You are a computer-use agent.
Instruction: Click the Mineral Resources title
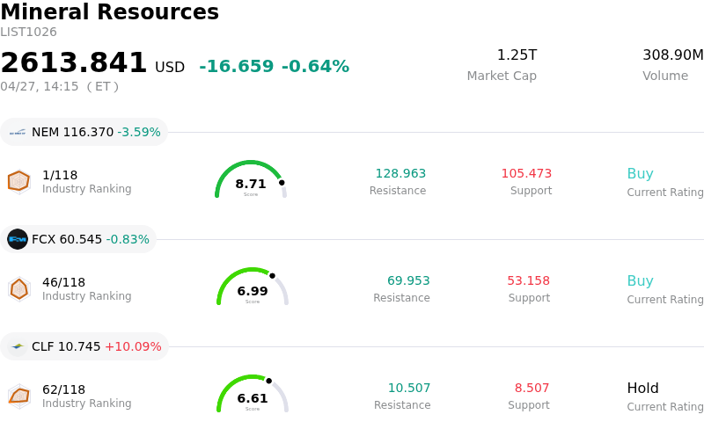pos(109,12)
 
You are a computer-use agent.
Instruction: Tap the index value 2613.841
pos(74,63)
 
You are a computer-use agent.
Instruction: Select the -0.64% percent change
pos(315,67)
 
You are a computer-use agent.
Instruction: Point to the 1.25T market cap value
pos(517,55)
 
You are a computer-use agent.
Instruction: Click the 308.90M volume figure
pos(672,55)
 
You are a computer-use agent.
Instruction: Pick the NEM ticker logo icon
pos(18,133)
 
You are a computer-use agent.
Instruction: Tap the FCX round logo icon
pos(18,239)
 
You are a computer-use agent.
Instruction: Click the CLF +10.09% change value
pos(133,346)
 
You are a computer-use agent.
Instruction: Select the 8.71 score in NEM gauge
pos(251,185)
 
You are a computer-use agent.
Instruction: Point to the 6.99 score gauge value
pos(253,292)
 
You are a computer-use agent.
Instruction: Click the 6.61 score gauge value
pos(253,399)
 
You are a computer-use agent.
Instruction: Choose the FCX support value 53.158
pos(528,281)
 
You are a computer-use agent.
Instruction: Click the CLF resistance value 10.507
pos(409,389)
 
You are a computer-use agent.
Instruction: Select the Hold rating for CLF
pos(642,389)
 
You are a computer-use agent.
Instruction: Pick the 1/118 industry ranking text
pos(60,175)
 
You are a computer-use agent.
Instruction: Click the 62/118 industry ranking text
pos(63,389)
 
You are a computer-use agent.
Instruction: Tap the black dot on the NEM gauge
pos(282,183)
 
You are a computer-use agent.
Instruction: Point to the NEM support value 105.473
pos(526,174)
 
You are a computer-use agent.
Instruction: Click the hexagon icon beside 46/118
pos(18,288)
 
